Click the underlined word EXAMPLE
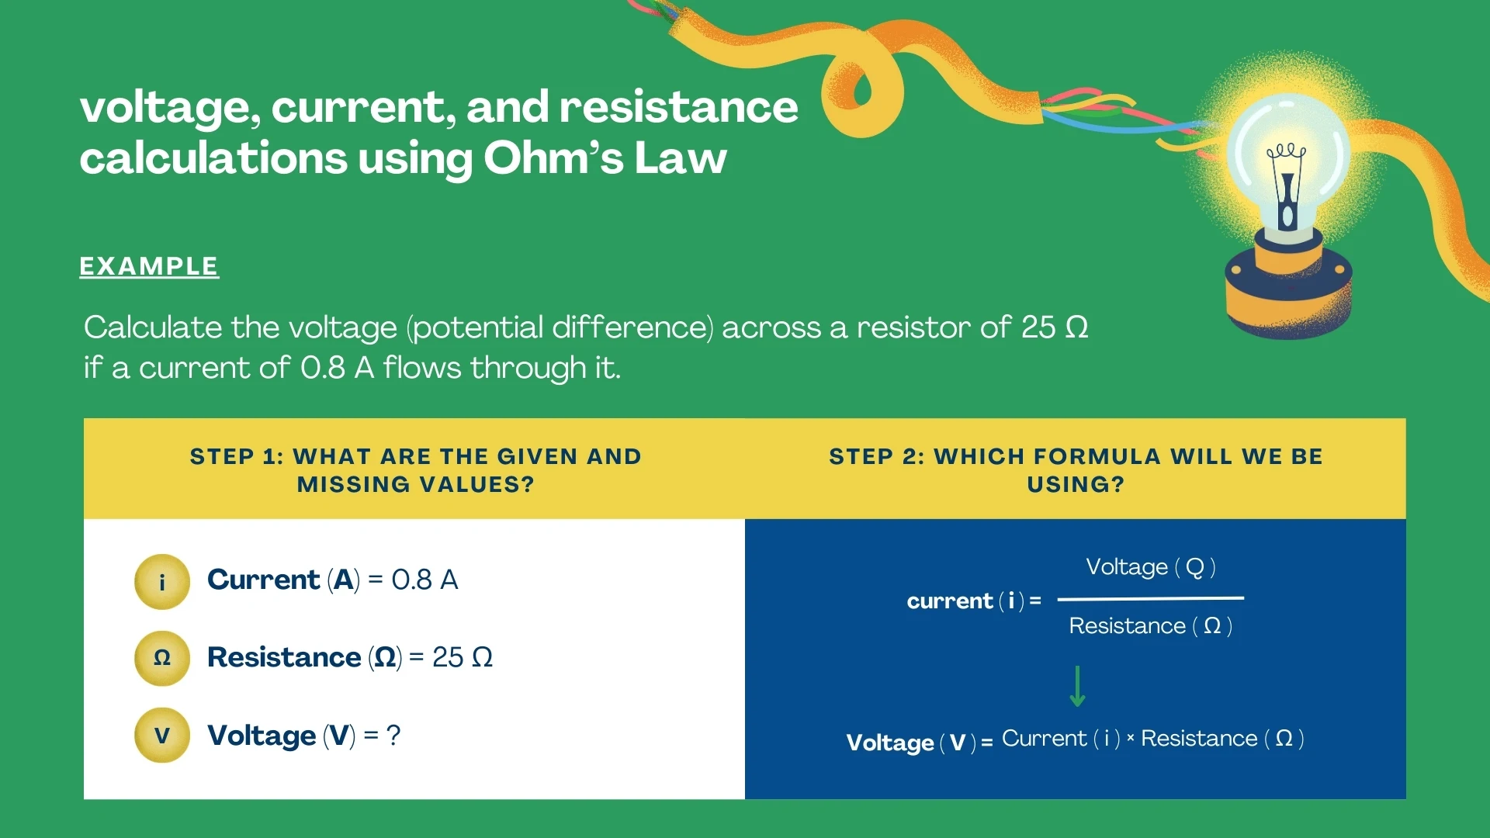tap(149, 266)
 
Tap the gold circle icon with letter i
tap(162, 582)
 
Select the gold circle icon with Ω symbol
tap(162, 658)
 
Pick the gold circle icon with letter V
tap(162, 736)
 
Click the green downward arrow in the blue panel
tap(1077, 687)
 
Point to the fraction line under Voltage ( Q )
tap(1150, 598)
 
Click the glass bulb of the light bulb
tap(1287, 155)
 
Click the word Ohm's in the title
tap(551, 158)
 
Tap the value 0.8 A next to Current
tap(424, 580)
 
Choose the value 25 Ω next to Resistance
tap(462, 658)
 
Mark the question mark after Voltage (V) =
tap(393, 735)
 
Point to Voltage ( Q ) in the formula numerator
tap(1150, 567)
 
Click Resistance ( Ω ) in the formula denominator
tap(1150, 625)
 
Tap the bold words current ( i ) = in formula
tap(973, 601)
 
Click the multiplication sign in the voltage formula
tap(1130, 739)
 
